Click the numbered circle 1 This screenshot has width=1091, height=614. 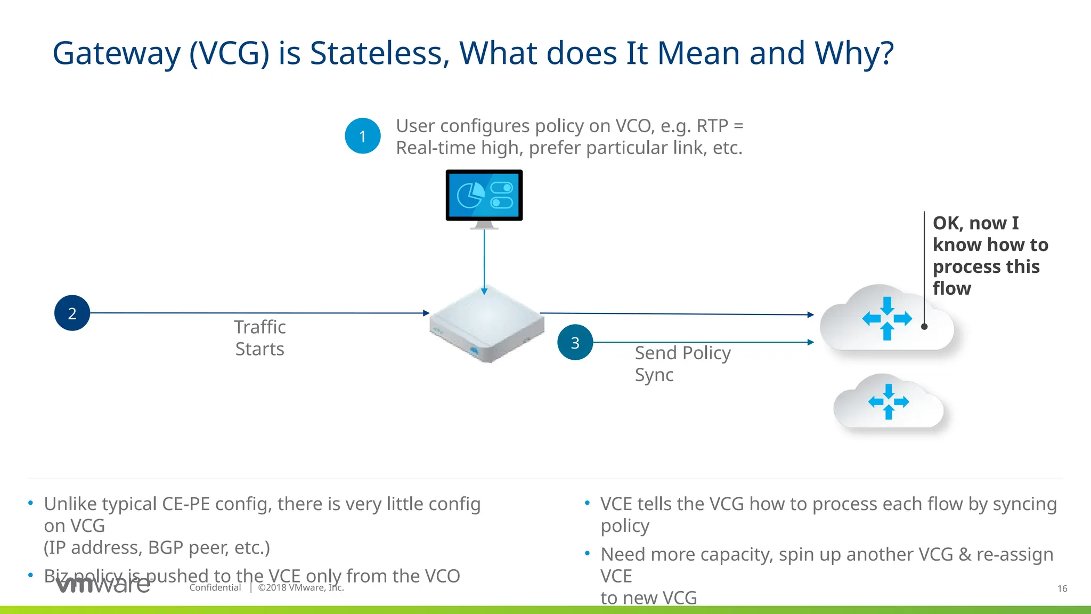click(362, 136)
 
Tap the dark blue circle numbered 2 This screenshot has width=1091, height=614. click(72, 313)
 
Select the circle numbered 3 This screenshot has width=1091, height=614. click(575, 342)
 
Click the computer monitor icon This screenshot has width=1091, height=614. click(484, 196)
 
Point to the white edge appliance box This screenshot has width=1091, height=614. click(486, 325)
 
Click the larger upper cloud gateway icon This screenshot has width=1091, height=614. click(886, 320)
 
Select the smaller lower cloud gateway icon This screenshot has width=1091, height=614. click(888, 402)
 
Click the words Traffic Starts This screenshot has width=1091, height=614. click(260, 338)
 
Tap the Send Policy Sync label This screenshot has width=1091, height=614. click(682, 363)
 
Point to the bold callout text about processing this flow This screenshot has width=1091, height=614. click(989, 255)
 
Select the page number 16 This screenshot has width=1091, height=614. click(1062, 588)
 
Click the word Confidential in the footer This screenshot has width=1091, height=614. click(215, 587)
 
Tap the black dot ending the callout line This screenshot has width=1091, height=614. click(924, 326)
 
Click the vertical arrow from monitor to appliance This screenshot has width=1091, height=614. click(484, 261)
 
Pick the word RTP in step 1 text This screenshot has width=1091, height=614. click(712, 126)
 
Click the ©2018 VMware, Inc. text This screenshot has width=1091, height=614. click(301, 587)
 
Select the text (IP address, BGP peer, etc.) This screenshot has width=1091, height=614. click(157, 547)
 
